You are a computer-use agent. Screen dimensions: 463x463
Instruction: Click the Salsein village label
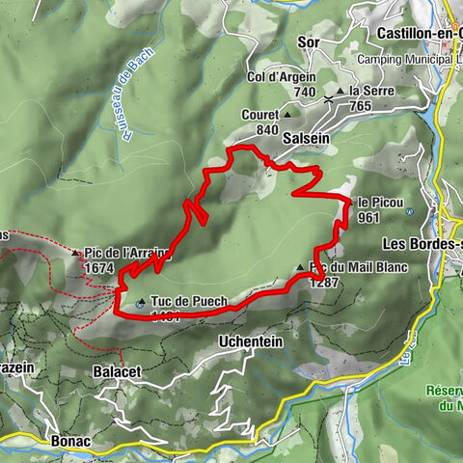click(306, 138)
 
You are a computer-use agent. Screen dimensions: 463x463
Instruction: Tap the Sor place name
click(309, 42)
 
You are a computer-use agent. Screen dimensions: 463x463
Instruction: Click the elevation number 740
click(305, 92)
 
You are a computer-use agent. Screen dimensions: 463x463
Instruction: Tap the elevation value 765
click(362, 106)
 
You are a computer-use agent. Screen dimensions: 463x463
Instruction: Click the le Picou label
click(377, 203)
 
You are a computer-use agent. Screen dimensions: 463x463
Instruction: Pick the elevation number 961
click(368, 217)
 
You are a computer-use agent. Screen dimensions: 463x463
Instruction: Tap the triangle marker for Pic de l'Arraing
click(76, 254)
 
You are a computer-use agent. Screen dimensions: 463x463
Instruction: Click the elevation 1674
click(100, 268)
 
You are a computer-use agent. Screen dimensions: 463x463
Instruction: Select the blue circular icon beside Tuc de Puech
click(142, 302)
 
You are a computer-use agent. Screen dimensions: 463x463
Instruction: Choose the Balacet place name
click(119, 371)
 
